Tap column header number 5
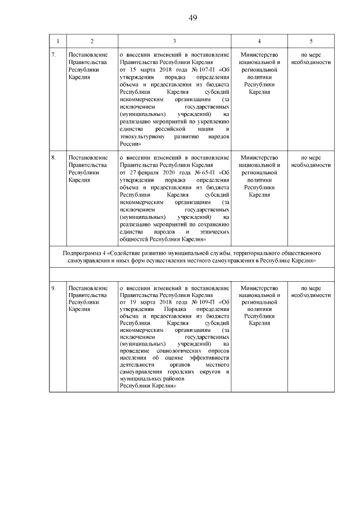[x=311, y=41]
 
